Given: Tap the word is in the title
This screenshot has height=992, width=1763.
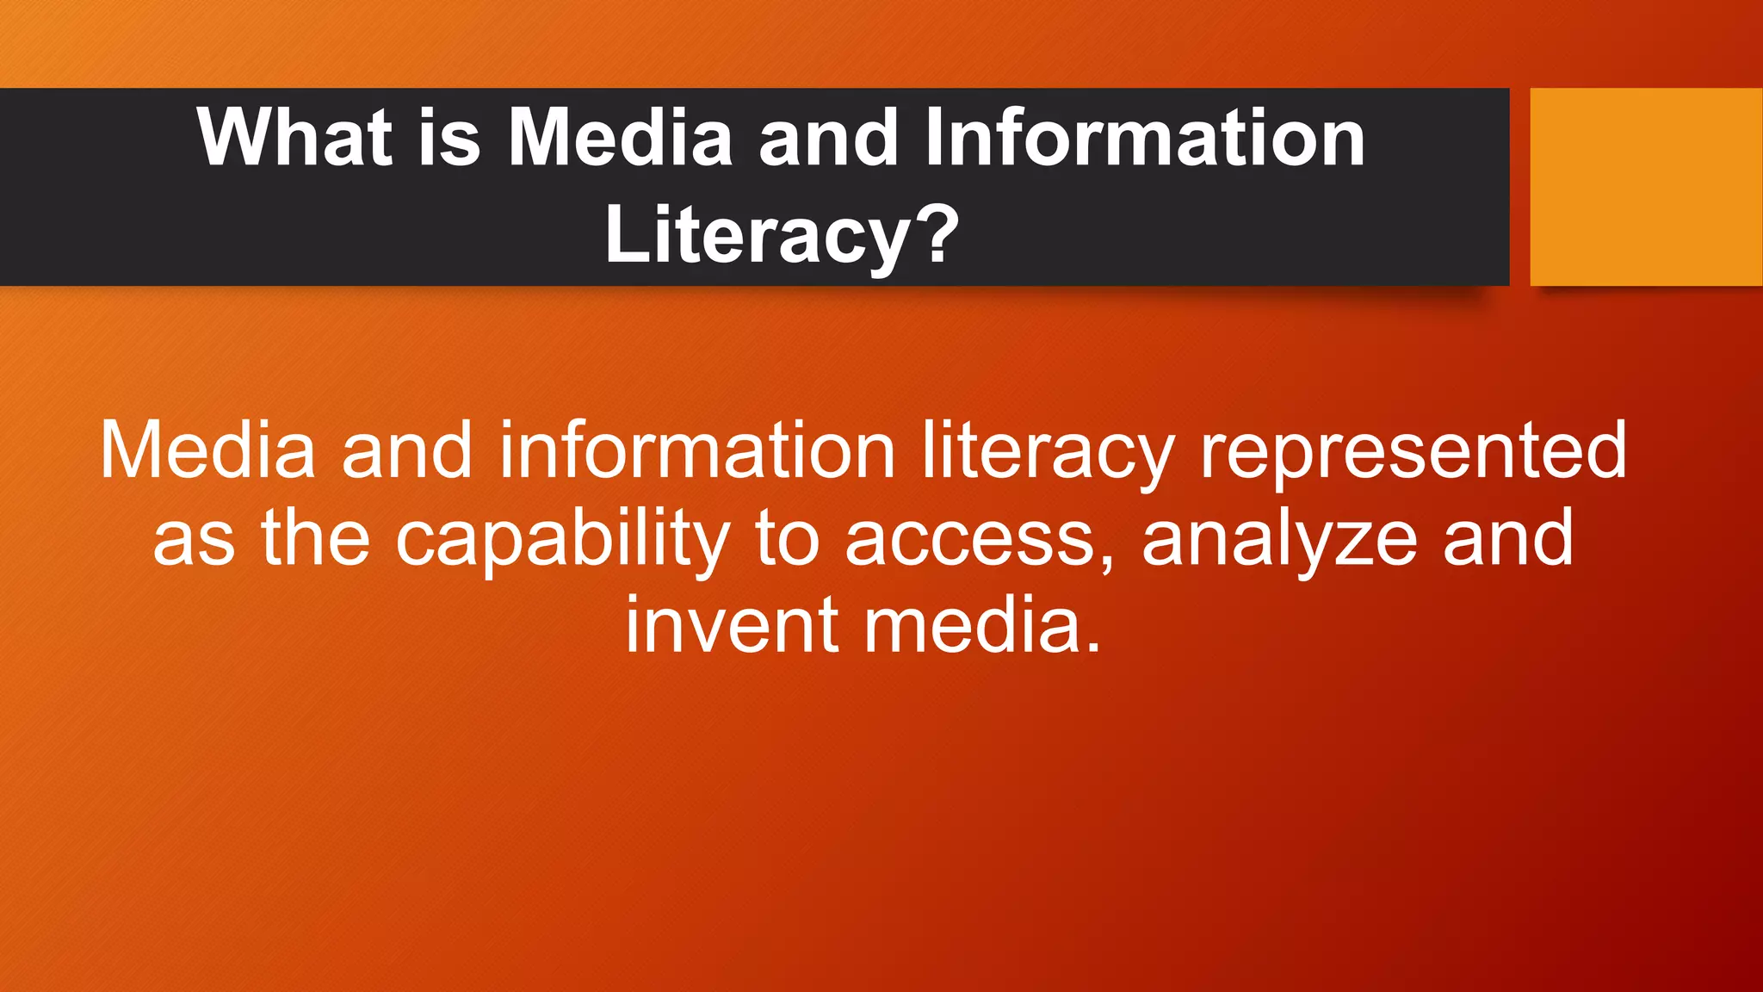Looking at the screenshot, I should click(x=449, y=138).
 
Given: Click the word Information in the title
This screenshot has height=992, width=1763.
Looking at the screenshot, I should click(x=1144, y=138).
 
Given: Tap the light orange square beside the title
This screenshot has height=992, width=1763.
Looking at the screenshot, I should click(x=1646, y=186).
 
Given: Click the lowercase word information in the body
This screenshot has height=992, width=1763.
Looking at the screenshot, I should click(x=697, y=450).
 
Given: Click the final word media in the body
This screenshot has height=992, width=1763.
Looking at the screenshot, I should click(x=981, y=625).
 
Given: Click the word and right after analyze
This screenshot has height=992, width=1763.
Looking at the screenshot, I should click(x=1508, y=537).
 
